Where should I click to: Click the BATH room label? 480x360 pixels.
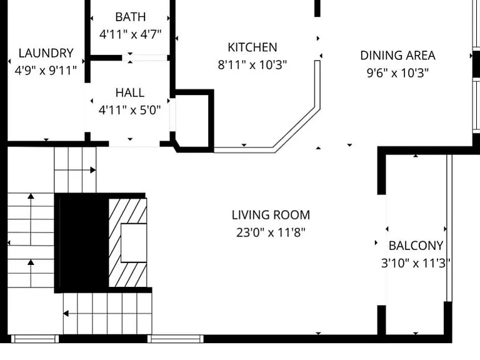point(131,17)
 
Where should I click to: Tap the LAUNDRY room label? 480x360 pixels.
point(46,53)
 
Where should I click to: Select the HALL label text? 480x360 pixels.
point(130,92)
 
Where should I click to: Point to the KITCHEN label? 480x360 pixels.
point(252,47)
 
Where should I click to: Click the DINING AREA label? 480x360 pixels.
point(397,56)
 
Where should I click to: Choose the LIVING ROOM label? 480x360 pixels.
point(271,215)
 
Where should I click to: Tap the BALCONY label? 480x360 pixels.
point(416,246)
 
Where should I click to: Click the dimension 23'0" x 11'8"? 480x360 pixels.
point(271,232)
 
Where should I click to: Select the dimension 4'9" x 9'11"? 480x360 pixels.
point(46,71)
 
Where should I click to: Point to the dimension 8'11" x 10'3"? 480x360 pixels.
point(252,65)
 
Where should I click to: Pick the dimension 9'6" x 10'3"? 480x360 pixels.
point(397,73)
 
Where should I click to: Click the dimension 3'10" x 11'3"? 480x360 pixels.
point(416,263)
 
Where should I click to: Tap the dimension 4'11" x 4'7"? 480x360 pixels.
point(131,34)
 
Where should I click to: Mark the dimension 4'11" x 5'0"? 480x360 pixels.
point(130,110)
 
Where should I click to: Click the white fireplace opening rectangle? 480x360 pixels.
point(134,242)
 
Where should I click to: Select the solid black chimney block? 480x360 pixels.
point(84,243)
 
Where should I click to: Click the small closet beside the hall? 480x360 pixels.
point(192,121)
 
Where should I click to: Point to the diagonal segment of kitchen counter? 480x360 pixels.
point(296,129)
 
